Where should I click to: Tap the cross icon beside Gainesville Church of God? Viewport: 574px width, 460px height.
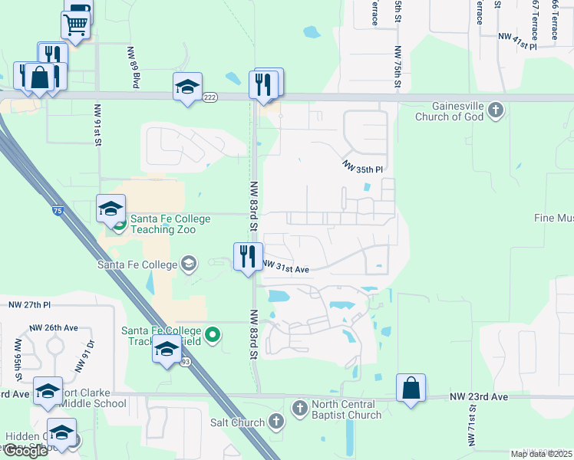pos(496,110)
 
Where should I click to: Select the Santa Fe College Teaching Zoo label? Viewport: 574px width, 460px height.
pos(170,224)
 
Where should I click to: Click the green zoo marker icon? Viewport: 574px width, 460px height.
pos(120,225)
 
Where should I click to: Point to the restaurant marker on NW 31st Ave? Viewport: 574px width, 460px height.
pos(248,257)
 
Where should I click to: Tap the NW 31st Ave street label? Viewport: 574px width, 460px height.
pos(285,268)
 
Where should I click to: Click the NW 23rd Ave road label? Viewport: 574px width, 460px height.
pos(479,397)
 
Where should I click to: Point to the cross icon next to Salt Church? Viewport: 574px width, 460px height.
pos(277,421)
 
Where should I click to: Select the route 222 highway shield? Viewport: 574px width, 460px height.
pos(211,97)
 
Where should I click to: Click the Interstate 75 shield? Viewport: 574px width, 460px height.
pos(58,209)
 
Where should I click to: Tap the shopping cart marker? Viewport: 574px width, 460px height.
pos(75,25)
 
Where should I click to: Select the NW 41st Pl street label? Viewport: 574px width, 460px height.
pos(518,36)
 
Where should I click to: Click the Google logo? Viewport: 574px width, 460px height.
pos(25,450)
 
